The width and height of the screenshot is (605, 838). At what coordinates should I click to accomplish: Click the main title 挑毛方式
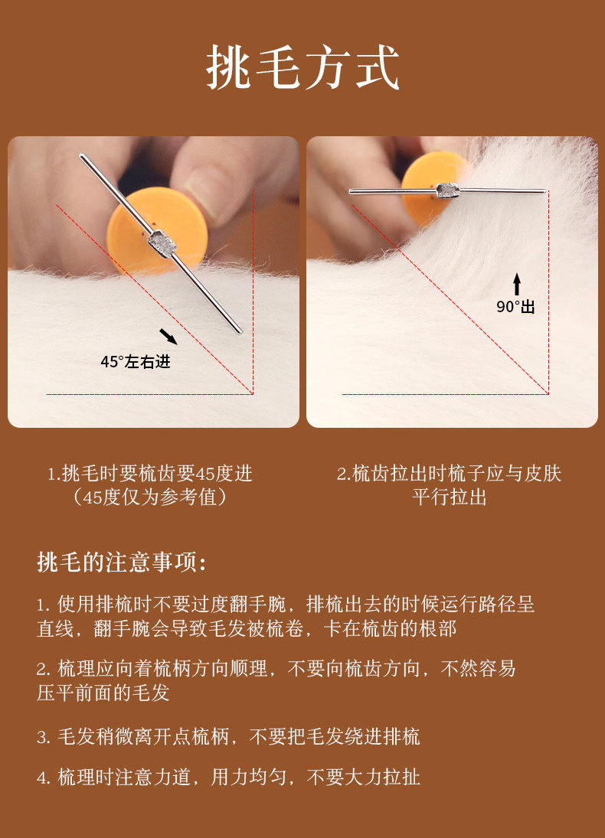coord(302,67)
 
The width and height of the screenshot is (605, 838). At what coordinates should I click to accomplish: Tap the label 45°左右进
coord(136,362)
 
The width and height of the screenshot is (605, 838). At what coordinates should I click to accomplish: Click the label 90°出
coord(515,307)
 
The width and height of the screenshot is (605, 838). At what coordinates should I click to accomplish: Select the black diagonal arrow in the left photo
coord(168,337)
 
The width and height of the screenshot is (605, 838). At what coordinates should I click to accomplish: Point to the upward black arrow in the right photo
coord(517,285)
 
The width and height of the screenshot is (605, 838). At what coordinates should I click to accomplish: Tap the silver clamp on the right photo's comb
coord(448,191)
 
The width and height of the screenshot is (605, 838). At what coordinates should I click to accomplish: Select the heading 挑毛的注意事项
coord(122,562)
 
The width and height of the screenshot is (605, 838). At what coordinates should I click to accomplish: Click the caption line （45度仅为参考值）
coord(150,497)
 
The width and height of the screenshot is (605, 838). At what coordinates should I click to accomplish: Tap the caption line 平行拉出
coord(450,497)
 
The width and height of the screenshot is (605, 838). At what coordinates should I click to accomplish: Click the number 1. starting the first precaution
coord(44,605)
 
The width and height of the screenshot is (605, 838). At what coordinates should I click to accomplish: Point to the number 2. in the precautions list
coord(44,670)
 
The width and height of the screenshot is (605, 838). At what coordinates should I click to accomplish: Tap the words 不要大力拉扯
coord(363,777)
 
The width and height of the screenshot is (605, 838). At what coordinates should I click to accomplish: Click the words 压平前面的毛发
coord(103,693)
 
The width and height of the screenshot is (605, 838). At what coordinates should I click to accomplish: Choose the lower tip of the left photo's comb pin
coord(240,331)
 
